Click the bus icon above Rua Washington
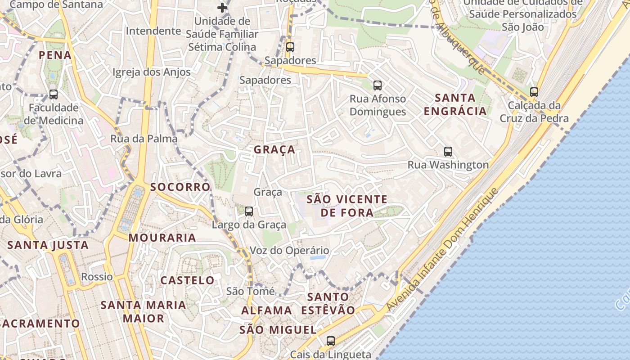448,152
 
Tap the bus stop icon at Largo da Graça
248,211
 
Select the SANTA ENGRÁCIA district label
455,104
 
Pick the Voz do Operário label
289,251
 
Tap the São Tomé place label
250,291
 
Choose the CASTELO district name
188,280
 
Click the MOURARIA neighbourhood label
162,238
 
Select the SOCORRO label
180,187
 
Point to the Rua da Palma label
144,139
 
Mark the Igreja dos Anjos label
151,72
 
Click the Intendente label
153,31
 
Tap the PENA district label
55,55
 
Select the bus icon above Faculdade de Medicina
54,94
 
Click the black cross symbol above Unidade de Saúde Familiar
222,7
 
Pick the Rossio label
97,276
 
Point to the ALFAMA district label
267,310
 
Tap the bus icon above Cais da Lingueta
331,341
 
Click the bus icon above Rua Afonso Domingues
378,85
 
